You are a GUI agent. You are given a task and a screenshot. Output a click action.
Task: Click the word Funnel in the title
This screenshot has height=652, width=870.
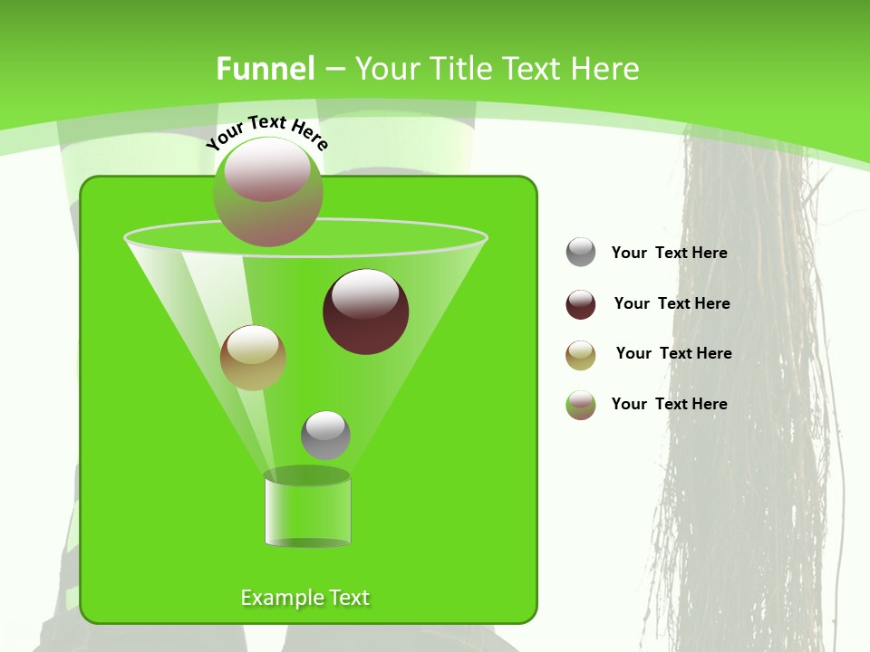coord(265,69)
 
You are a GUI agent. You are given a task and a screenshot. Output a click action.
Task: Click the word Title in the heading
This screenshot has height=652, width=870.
coord(459,69)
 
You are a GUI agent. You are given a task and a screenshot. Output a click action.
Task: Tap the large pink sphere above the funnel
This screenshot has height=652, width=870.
coord(267,191)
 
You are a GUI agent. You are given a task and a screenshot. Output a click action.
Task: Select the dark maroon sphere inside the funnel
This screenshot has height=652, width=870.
coord(365,312)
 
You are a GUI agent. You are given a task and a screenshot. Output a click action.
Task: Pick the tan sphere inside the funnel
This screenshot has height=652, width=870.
coord(253,358)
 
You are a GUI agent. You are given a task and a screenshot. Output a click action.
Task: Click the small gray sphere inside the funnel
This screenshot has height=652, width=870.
coord(325,435)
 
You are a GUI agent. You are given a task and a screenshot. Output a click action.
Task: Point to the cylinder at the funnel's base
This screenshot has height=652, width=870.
coord(307,512)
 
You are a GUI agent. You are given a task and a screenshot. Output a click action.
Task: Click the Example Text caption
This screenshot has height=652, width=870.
coord(304,598)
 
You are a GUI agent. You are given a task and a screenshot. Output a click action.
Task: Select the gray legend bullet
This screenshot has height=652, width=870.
coord(581,253)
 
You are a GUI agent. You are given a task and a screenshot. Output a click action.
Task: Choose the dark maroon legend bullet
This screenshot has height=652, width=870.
coord(581,304)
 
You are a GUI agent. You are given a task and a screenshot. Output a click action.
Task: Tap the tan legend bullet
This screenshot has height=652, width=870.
coord(581,355)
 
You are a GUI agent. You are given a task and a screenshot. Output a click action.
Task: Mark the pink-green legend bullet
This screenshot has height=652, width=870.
coord(581,405)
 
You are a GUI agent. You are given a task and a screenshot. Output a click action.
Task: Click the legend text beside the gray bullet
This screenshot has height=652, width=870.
coord(669,254)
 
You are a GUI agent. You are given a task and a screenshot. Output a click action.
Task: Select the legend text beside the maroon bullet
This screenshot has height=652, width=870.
coord(672,304)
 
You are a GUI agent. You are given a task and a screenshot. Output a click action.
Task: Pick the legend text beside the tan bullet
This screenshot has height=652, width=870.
coord(673,354)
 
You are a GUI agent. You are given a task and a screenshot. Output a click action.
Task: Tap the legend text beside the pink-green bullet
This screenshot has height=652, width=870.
coord(669,405)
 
